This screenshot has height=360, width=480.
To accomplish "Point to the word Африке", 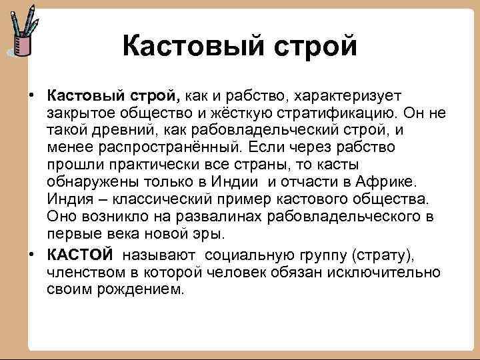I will [385, 182].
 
